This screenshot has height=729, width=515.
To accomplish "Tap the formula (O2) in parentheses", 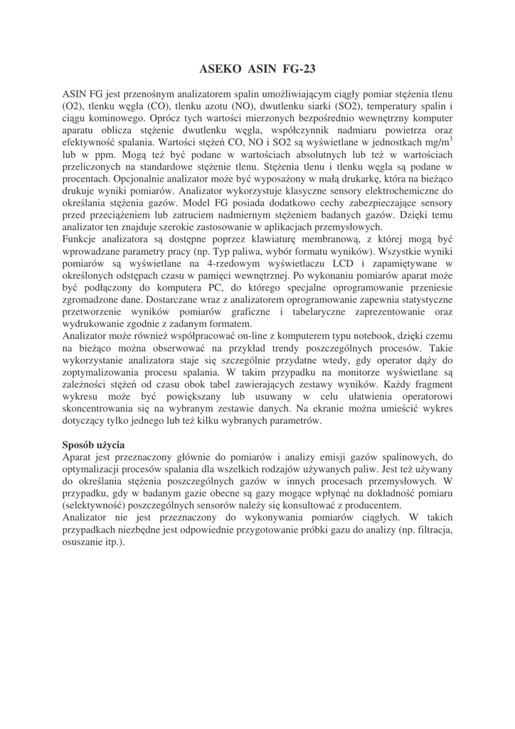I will coord(74,105).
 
